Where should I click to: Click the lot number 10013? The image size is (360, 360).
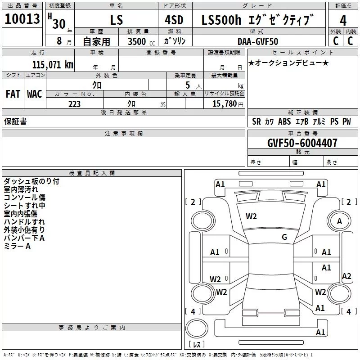pos(22,19)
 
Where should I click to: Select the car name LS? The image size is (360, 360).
pos(116,20)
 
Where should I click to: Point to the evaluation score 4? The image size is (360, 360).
pos(343,21)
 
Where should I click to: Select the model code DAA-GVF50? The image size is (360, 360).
pos(258,41)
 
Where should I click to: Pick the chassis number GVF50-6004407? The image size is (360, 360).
pos(302,143)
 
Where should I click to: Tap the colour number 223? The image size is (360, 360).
pos(74,104)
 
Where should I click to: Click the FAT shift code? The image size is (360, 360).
pos(13,94)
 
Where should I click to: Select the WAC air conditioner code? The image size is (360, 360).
pos(34,94)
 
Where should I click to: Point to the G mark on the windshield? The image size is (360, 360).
pos(284,237)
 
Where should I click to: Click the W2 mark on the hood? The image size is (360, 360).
pos(251,216)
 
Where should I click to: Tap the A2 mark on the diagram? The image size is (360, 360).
pos(346,276)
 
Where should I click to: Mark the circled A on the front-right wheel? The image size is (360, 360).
pos(339,221)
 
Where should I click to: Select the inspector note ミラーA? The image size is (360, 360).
pos(17,246)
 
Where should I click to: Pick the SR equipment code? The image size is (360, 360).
pos(256,121)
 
